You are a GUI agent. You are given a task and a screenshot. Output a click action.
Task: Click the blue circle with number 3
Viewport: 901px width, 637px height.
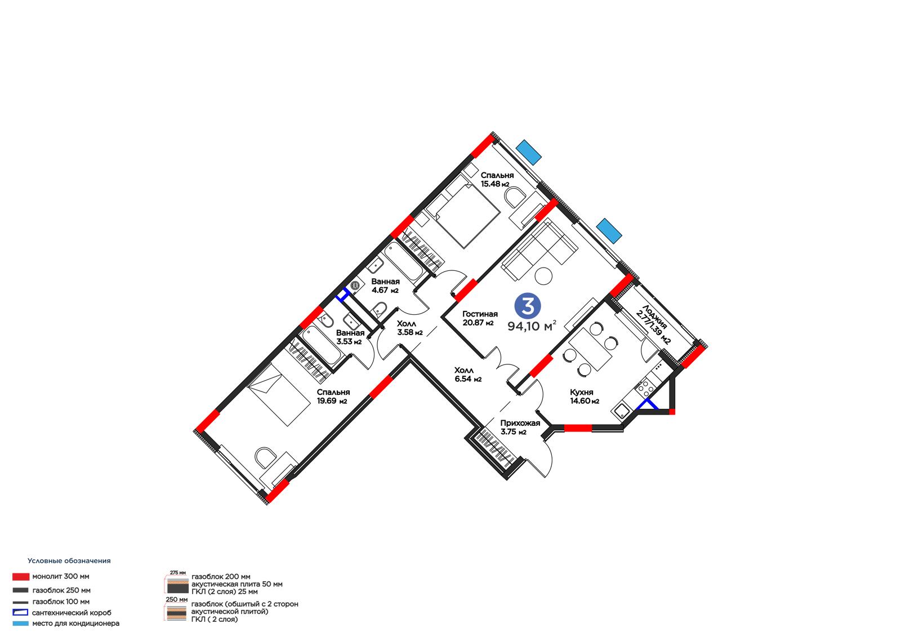[x=528, y=305]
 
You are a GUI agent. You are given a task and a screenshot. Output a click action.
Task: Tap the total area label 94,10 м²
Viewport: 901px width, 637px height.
[x=532, y=326]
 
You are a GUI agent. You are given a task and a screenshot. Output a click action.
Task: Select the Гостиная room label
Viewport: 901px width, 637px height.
[x=480, y=314]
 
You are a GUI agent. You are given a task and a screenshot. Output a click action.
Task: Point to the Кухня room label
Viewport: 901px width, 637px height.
[x=581, y=392]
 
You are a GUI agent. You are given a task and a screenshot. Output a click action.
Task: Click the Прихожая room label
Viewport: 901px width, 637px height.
[x=520, y=423]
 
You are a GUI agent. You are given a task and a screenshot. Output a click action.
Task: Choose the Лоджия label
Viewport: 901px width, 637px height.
[x=655, y=318]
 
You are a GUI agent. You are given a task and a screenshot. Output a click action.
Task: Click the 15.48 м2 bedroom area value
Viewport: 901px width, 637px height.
[x=495, y=184]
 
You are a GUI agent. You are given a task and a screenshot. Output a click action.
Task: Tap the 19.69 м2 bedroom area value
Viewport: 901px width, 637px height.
[x=332, y=401]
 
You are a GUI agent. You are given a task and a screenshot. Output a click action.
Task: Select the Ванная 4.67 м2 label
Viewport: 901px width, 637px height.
[x=385, y=286]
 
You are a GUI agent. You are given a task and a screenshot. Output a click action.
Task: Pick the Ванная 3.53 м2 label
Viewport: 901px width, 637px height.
[x=350, y=337]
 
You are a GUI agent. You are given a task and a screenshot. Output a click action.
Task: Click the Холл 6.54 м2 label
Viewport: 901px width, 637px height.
[x=468, y=374]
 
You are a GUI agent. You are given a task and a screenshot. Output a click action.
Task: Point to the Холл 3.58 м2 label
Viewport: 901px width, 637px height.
[x=409, y=328]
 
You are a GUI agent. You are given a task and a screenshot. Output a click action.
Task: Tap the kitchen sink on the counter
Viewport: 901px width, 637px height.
[x=621, y=411]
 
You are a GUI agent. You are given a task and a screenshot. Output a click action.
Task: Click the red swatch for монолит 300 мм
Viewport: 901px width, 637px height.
[x=20, y=577]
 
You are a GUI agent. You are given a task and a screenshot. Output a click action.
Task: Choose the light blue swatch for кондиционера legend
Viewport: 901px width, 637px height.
[x=20, y=623]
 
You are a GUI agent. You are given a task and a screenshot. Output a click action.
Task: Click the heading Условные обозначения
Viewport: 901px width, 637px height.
[x=69, y=560]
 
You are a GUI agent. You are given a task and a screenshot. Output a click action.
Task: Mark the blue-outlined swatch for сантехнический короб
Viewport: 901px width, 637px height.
[x=20, y=612]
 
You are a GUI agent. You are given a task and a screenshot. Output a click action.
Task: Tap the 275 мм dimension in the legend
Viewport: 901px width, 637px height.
[x=178, y=572]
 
